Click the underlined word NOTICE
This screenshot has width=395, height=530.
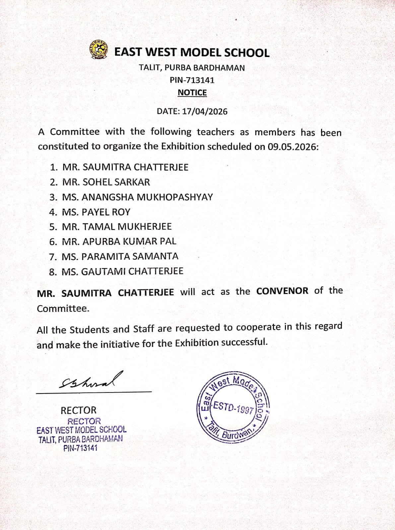[192, 93]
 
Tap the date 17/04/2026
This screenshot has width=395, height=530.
[205, 111]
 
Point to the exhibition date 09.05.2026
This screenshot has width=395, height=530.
[293, 147]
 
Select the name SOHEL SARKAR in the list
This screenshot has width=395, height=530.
[116, 182]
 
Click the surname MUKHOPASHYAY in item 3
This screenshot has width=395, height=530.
[175, 197]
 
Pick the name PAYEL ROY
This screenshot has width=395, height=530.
[106, 212]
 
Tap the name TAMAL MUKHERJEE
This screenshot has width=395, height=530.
[127, 227]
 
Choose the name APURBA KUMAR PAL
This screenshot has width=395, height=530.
[129, 242]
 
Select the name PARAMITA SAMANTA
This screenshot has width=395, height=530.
[130, 257]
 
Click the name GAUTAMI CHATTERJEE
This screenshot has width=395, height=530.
[132, 271]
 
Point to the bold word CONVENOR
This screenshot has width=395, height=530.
[282, 291]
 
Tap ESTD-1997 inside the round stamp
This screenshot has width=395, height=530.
[233, 407]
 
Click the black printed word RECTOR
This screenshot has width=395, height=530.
[78, 410]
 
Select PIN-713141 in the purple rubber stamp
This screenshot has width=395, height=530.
[81, 448]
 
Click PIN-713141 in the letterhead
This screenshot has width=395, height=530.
[192, 80]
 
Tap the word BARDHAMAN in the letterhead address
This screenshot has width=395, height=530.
[219, 68]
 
